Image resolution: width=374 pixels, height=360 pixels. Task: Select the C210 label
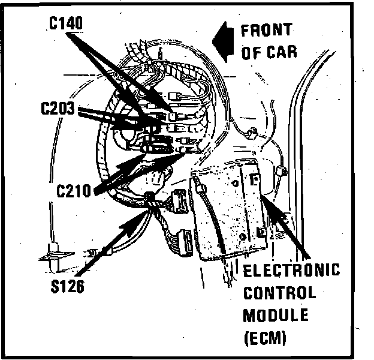[x=74, y=192]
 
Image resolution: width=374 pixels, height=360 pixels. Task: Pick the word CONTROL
[x=279, y=293]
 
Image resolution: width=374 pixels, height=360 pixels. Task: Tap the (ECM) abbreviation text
[x=266, y=337]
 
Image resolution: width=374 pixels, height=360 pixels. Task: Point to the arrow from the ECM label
[x=288, y=229]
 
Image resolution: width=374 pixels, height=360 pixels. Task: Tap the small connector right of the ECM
[x=281, y=173]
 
